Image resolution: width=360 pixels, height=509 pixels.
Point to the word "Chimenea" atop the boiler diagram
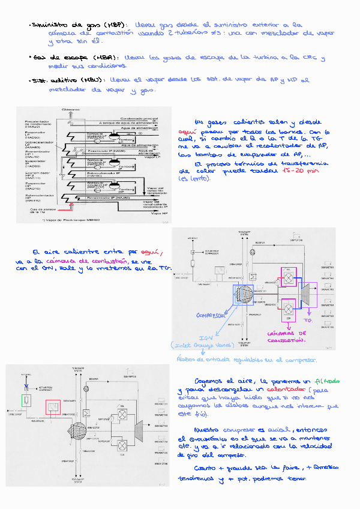click(71, 109)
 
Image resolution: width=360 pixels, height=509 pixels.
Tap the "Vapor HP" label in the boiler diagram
click(159, 214)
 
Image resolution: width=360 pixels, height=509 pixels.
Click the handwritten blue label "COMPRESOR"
click(212, 316)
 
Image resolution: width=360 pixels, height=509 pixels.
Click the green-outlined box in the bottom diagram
click(26, 401)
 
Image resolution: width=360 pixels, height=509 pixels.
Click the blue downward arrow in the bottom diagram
click(25, 382)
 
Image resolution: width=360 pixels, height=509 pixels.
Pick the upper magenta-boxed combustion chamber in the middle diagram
click(287, 279)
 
